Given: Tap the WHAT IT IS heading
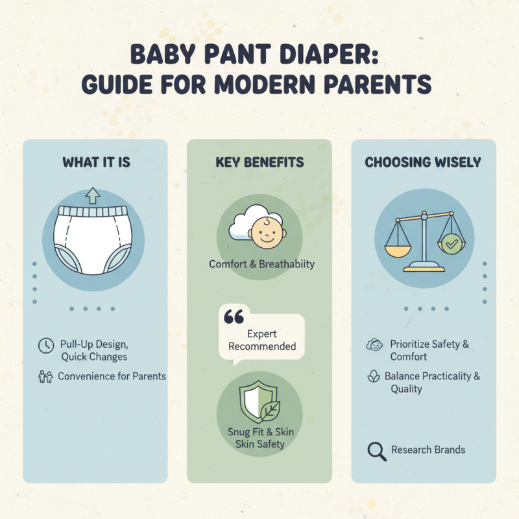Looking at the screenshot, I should [96, 162].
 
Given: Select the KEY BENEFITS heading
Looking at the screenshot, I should [259, 162].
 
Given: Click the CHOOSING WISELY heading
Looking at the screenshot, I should [423, 162].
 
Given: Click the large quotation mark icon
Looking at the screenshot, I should [233, 317].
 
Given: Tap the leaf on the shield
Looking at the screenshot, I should [269, 411].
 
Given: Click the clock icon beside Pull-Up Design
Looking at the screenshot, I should [45, 346].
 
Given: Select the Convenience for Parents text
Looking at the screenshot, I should [112, 376].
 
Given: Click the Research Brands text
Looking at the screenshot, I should [428, 450].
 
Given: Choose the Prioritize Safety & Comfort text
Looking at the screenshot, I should [429, 350].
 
